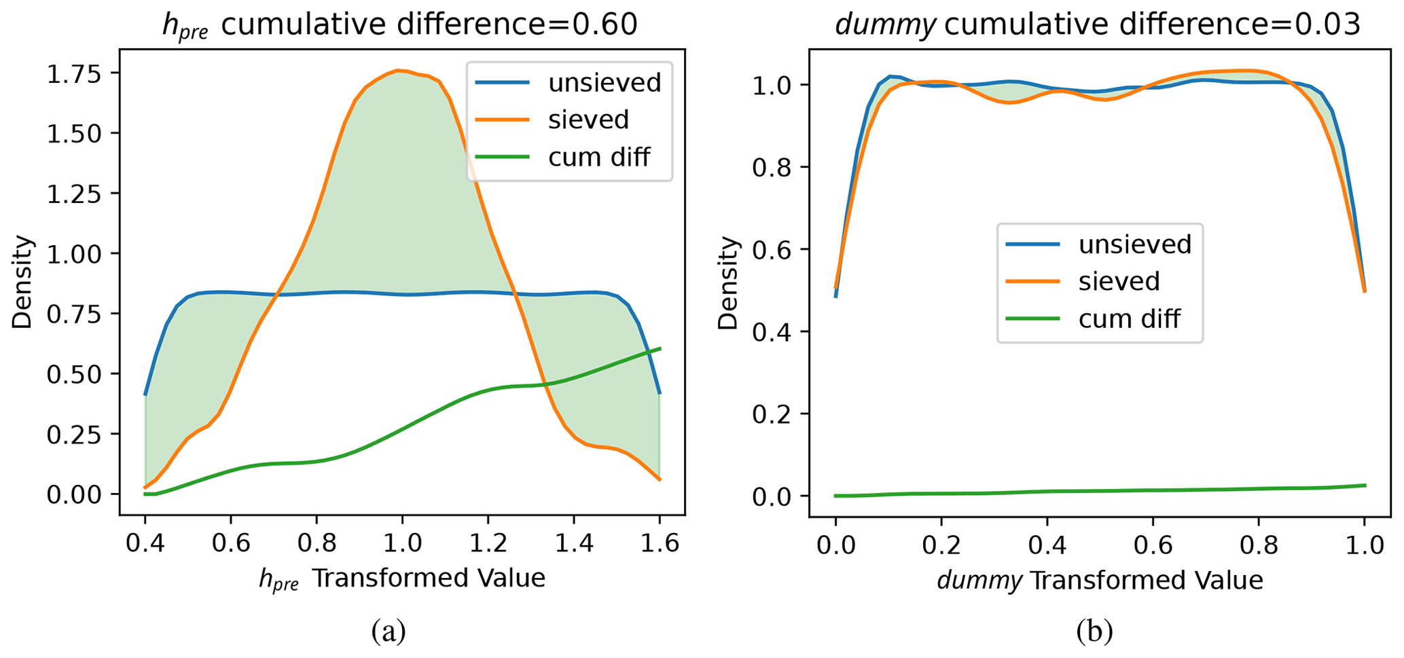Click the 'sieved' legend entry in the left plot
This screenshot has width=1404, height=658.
[x=588, y=120]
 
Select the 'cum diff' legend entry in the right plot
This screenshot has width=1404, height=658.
[x=1129, y=318]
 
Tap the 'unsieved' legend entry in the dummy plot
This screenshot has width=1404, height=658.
[x=1134, y=244]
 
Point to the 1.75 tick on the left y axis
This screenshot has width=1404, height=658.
[x=74, y=73]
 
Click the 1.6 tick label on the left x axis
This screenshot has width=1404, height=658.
[x=658, y=544]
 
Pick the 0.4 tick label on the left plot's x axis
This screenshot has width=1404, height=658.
[x=145, y=544]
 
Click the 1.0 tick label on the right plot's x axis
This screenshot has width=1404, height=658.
[x=1364, y=545]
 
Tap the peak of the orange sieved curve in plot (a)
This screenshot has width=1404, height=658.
[x=399, y=70]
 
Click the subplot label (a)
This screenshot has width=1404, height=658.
[x=389, y=632]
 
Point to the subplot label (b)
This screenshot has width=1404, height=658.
[x=1094, y=632]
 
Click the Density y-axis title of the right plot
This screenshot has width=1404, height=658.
[x=728, y=283]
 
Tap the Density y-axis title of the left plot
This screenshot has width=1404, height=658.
[x=22, y=282]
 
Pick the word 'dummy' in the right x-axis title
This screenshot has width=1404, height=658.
[x=979, y=580]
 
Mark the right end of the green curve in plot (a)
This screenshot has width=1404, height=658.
[x=660, y=348]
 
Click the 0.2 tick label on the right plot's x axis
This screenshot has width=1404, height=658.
[x=941, y=545]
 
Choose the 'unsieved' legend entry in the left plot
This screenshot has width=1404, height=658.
[x=604, y=83]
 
